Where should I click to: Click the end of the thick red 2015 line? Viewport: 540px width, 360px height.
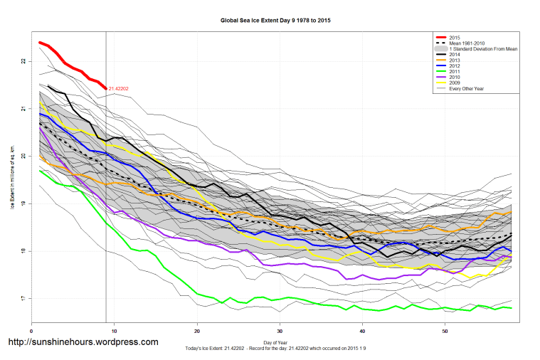pos(106,88)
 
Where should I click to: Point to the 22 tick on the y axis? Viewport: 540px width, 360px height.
pos(23,61)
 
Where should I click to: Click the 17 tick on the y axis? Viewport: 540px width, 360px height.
pos(23,298)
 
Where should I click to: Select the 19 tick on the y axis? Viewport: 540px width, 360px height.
pos(23,203)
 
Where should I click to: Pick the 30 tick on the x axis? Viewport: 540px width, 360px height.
pos(280,331)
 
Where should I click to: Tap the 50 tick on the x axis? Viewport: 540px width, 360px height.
pos(445,331)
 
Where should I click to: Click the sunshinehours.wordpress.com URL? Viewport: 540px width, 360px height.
pos(83,342)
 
